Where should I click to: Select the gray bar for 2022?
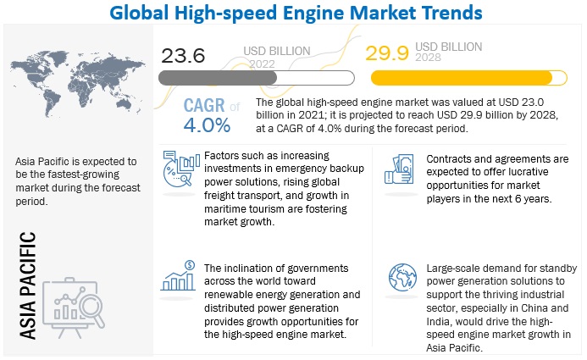click(255, 77)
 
